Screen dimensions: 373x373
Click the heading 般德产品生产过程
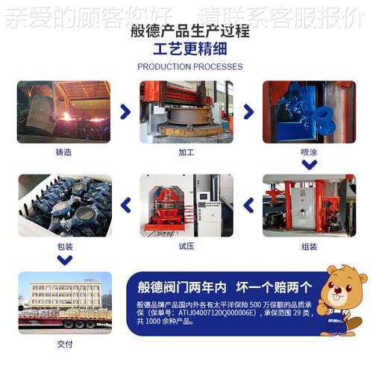pos(189,32)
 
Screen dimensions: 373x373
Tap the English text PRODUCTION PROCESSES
pos(189,66)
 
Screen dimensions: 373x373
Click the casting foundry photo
pos(64,112)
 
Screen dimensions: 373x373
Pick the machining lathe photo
pos(186,112)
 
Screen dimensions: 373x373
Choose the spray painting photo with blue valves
pos(308,112)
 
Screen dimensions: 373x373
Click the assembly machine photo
pos(308,205)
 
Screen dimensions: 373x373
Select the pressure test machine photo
pos(186,205)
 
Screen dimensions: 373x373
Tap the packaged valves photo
pos(64,205)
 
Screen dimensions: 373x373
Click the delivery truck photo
pos(64,301)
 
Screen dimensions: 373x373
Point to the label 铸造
pos(64,152)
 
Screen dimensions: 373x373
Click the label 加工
pos(186,152)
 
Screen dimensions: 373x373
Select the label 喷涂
pos(308,152)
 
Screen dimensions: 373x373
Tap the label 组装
pos(308,245)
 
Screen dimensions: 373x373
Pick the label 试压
pos(186,245)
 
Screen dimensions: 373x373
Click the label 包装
pos(64,245)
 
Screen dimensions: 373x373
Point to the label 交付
pos(64,344)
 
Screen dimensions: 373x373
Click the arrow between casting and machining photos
pos(125,112)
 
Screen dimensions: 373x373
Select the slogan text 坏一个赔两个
pos(274,287)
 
